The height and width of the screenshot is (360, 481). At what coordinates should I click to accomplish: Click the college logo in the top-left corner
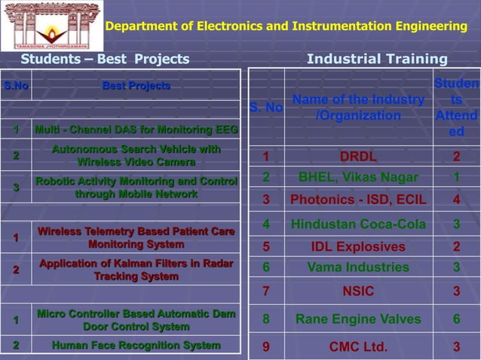click(x=52, y=26)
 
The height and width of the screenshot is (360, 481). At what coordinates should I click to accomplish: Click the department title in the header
click(x=286, y=27)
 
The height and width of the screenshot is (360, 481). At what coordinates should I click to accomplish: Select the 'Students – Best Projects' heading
click(x=105, y=59)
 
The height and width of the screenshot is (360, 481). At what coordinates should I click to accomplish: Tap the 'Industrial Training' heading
click(x=377, y=59)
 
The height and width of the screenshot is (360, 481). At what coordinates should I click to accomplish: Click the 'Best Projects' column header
click(x=136, y=87)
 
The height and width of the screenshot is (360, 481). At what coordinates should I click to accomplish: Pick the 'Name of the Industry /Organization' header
click(x=358, y=108)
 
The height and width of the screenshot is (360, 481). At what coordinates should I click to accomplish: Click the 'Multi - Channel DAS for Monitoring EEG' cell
click(x=136, y=130)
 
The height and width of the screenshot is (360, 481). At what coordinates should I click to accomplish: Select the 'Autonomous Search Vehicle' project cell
click(x=136, y=156)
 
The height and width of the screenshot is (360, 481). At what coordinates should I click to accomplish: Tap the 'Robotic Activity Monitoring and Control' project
click(x=136, y=188)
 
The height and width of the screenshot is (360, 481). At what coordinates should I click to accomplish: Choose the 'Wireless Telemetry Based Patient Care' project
click(x=136, y=238)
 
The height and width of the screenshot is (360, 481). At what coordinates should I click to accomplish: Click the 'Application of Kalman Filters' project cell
click(x=136, y=270)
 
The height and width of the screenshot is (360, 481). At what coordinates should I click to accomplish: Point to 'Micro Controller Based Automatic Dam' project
click(x=136, y=320)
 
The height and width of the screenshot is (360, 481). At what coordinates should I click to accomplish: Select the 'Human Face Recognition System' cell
click(x=136, y=346)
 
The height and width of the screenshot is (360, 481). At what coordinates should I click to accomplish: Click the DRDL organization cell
click(x=358, y=157)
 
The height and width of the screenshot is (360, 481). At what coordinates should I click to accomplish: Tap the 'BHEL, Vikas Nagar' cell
click(x=358, y=178)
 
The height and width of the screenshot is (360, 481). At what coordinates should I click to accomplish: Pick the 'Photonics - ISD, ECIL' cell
click(x=358, y=200)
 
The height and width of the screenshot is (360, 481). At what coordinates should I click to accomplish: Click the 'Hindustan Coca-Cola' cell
click(x=358, y=224)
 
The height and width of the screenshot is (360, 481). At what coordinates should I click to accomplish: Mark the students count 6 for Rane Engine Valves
click(x=456, y=319)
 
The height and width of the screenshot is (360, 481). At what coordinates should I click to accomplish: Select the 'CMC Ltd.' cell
click(x=358, y=346)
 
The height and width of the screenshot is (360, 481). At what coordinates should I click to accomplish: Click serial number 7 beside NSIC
click(x=266, y=291)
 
